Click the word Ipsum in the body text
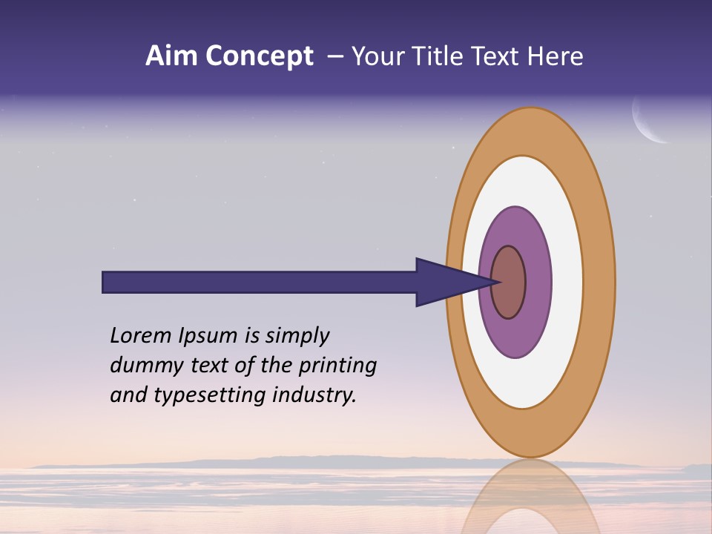pyautogui.click(x=209, y=335)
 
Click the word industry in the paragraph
pyautogui.click(x=314, y=395)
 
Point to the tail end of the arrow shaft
pyautogui.click(x=108, y=283)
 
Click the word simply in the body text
pyautogui.click(x=297, y=336)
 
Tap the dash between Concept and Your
pyautogui.click(x=334, y=56)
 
